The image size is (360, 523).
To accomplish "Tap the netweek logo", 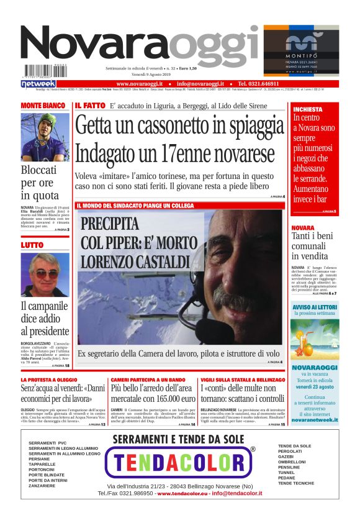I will pos(38,84).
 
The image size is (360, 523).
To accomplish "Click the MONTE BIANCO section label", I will pos(43,106).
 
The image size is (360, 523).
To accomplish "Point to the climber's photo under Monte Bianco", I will pos(45,137).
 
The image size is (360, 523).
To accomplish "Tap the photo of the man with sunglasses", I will pos(45,274).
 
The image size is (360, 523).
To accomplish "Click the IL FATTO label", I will pos(90,106).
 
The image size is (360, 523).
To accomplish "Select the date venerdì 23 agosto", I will pos(315,386).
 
